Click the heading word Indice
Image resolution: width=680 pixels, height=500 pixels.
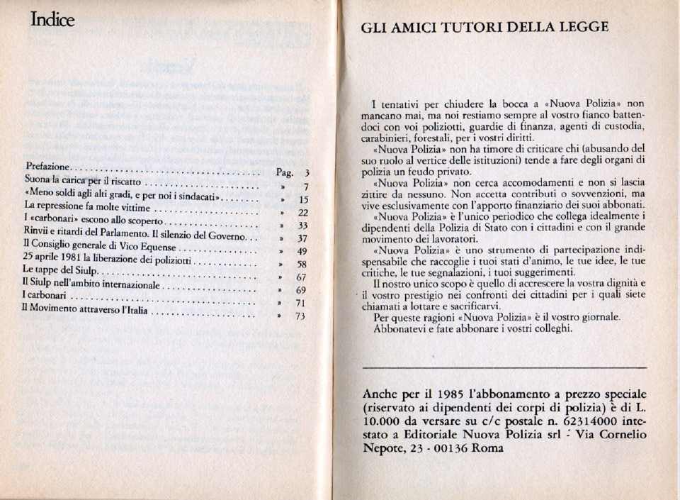[52, 21]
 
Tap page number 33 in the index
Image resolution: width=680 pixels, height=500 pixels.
[302, 225]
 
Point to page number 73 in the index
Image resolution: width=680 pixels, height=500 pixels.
[300, 317]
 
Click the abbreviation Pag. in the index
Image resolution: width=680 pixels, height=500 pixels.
[284, 172]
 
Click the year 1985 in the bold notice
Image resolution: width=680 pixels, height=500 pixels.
[443, 394]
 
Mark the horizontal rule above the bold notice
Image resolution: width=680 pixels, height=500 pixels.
[504, 367]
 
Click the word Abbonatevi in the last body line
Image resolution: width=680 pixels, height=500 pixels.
[399, 328]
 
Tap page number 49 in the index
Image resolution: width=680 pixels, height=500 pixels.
[302, 251]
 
